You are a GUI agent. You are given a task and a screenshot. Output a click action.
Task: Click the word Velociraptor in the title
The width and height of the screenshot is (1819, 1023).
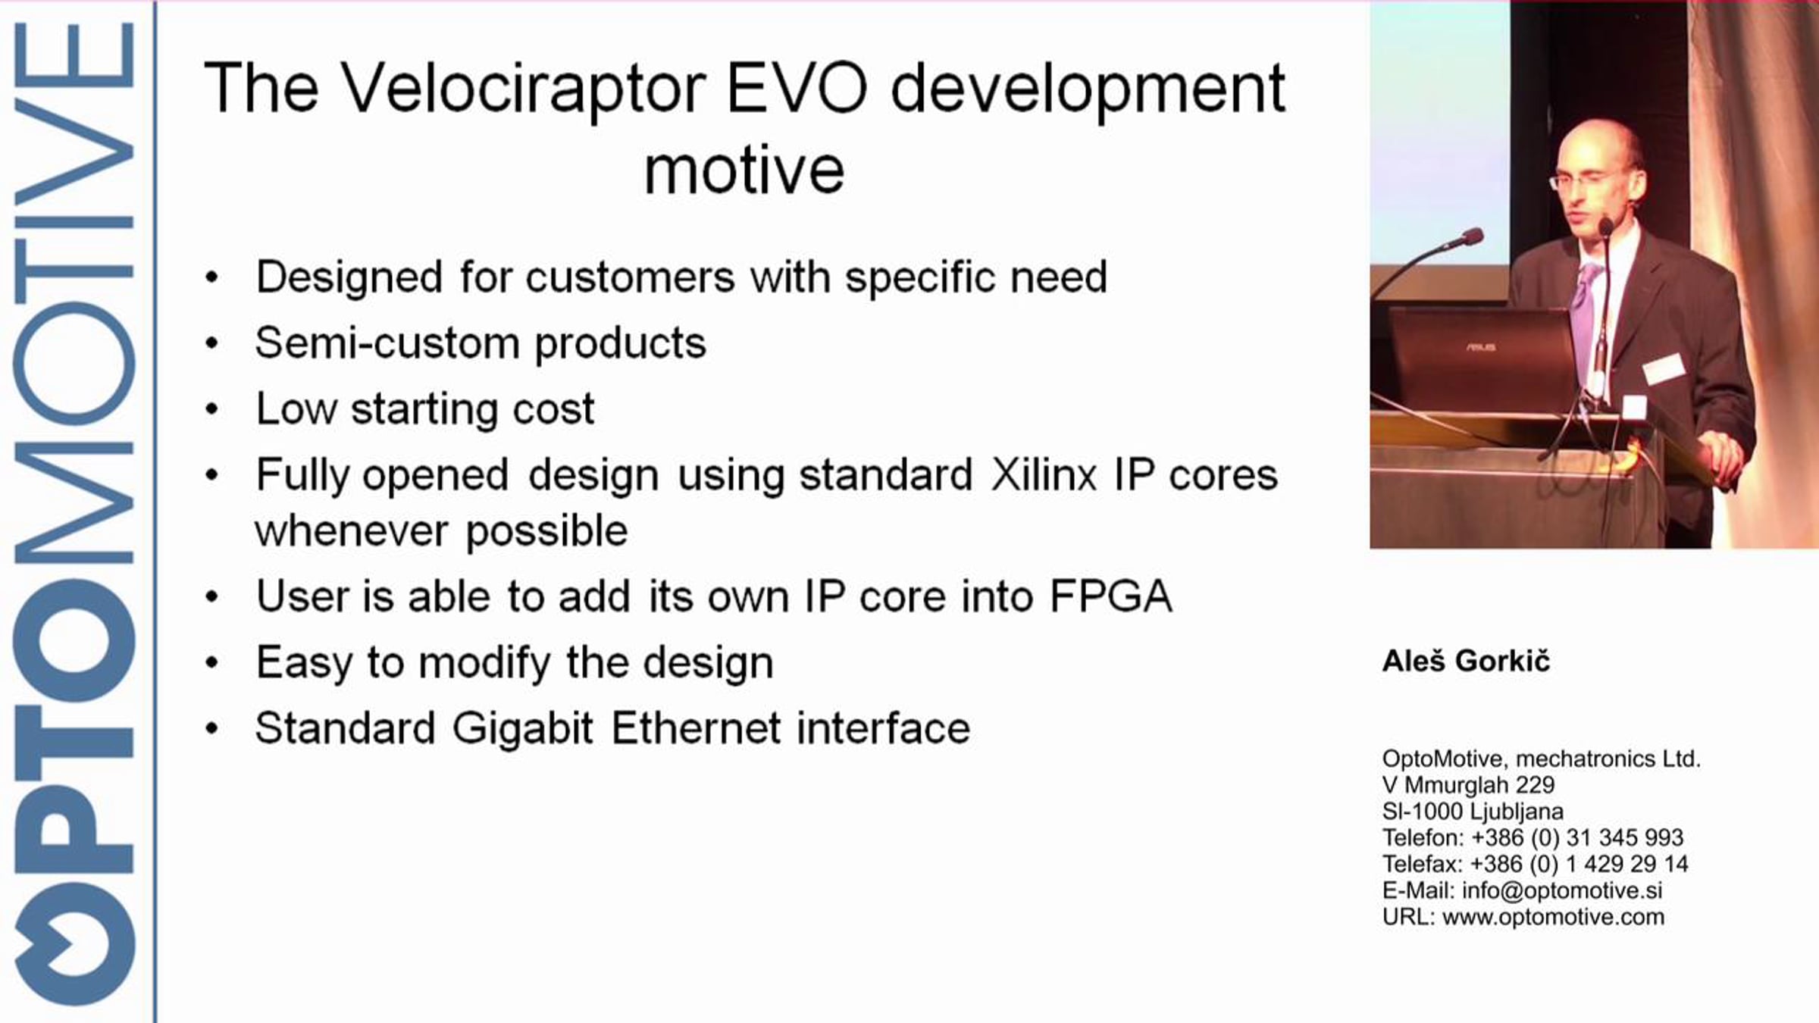[522, 90]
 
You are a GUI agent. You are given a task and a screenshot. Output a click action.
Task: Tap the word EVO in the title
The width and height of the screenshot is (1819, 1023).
[797, 89]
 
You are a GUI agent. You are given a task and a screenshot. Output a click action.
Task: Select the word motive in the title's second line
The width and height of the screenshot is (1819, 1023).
[744, 170]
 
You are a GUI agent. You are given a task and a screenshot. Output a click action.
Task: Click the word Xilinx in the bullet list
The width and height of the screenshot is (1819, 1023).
[1044, 475]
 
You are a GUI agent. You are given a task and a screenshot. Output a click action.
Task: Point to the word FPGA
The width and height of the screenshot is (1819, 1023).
[1110, 596]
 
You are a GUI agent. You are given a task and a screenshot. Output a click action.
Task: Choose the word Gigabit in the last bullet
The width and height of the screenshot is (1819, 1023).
[522, 729]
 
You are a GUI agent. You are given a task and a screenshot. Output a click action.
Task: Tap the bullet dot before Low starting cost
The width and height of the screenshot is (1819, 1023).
[211, 409]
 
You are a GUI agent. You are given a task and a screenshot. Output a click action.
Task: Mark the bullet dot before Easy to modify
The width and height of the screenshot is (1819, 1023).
[211, 663]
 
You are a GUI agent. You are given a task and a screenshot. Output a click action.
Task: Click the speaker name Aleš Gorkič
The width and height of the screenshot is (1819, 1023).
[1466, 661]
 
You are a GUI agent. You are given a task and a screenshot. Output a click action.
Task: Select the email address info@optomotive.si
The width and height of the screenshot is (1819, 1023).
[1562, 890]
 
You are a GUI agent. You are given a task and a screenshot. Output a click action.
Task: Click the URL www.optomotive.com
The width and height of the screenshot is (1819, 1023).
[1554, 917]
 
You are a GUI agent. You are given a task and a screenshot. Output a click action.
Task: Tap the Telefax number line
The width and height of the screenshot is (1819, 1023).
[1536, 864]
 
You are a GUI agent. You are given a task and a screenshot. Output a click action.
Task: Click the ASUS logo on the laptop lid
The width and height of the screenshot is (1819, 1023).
[1480, 347]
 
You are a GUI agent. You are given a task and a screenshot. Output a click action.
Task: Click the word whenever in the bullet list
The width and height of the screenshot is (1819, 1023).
[351, 530]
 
